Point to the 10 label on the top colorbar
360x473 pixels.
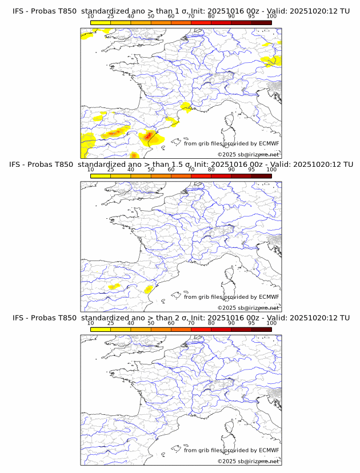(x=91, y=16)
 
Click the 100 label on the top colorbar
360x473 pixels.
(x=271, y=16)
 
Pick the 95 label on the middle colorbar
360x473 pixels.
(x=251, y=170)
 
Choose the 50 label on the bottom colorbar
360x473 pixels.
(x=151, y=323)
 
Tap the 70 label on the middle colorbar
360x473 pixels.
(x=191, y=170)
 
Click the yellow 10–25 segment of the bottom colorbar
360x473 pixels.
(x=101, y=330)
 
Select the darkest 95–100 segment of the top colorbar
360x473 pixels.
(x=261, y=22)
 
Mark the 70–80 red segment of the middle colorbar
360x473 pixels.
(x=201, y=176)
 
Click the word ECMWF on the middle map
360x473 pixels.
(x=269, y=296)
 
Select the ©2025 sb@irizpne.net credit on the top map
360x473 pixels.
(x=248, y=154)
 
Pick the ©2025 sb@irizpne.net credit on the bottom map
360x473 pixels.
(x=248, y=461)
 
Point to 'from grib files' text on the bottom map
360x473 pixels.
(x=203, y=450)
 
